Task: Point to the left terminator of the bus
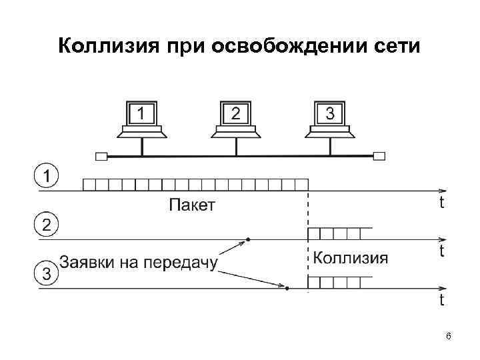click(101, 157)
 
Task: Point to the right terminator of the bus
click(379, 157)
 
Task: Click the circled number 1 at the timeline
click(45, 177)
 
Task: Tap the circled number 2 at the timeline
click(45, 224)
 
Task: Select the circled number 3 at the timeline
click(45, 273)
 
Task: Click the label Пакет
click(192, 205)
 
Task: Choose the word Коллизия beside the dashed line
click(350, 258)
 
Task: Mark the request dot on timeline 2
click(248, 239)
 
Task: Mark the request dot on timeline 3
click(287, 288)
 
